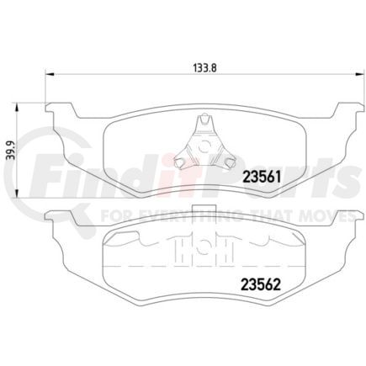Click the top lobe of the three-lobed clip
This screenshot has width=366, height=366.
(201, 123)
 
